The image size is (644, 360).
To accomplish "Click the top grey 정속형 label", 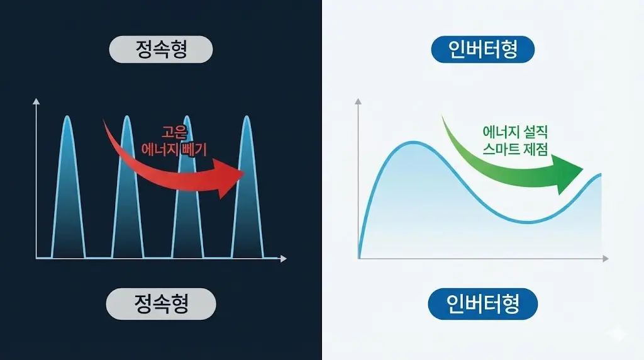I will (161, 50).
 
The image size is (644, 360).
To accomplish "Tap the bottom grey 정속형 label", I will (161, 304).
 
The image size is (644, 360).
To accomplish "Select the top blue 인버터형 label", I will (483, 50).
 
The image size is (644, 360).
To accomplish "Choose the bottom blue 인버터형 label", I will (483, 305).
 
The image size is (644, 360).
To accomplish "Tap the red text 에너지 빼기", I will (175, 149).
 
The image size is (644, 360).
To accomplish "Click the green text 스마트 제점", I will (515, 149).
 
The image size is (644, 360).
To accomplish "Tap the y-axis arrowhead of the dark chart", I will (36, 101).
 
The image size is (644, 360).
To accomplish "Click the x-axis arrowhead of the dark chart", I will (284, 258).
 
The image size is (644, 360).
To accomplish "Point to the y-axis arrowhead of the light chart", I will (358, 101).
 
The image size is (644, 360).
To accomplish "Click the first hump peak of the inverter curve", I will (412, 143).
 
